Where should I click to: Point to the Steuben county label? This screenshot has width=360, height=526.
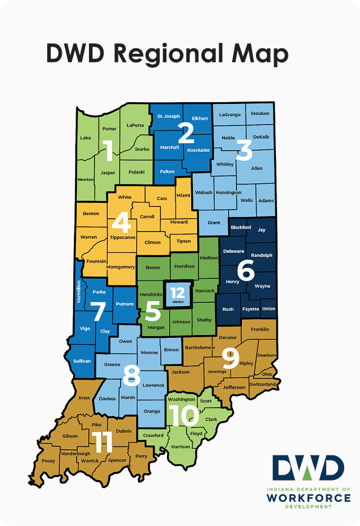260,113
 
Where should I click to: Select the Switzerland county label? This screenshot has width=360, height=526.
261,384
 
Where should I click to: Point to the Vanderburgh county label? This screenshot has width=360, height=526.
76,453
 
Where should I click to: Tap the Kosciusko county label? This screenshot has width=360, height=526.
198,149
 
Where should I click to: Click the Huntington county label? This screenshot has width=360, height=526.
228,192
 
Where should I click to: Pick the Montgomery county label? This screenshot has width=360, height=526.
119,267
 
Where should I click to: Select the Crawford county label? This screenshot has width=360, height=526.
153,435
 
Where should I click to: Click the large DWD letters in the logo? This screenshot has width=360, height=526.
307,467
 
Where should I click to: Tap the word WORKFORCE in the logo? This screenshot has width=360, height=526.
308,498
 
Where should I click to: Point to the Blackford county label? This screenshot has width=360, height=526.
241,227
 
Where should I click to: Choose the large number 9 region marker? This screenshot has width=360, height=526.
230,359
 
